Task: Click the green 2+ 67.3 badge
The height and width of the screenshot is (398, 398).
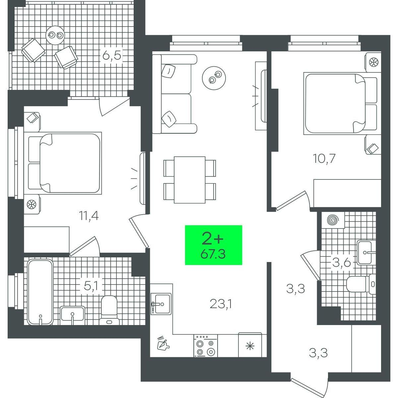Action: pyautogui.click(x=213, y=245)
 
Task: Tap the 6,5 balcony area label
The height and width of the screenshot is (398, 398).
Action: pyautogui.click(x=112, y=56)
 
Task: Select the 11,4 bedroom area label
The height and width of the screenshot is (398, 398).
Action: pyautogui.click(x=89, y=216)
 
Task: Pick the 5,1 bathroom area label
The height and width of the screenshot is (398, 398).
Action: pyautogui.click(x=91, y=286)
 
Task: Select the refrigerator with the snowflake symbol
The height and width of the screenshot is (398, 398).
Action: pyautogui.click(x=250, y=345)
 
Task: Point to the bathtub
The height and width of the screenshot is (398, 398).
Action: pyautogui.click(x=40, y=292)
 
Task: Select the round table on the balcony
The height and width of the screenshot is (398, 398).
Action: pyautogui.click(x=55, y=35)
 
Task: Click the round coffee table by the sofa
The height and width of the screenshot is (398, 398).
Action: pyautogui.click(x=214, y=78)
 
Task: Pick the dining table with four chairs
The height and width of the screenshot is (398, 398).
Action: pyautogui.click(x=190, y=180)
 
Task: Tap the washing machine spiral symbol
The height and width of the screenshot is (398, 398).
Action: pyautogui.click(x=333, y=220)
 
